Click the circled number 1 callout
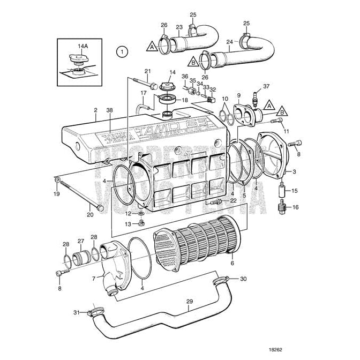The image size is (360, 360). click(122, 52)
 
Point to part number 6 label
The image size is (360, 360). click(231, 263)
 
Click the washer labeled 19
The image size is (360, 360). click(57, 181)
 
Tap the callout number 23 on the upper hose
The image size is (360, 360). click(179, 27)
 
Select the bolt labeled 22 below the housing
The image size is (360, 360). click(216, 202)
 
